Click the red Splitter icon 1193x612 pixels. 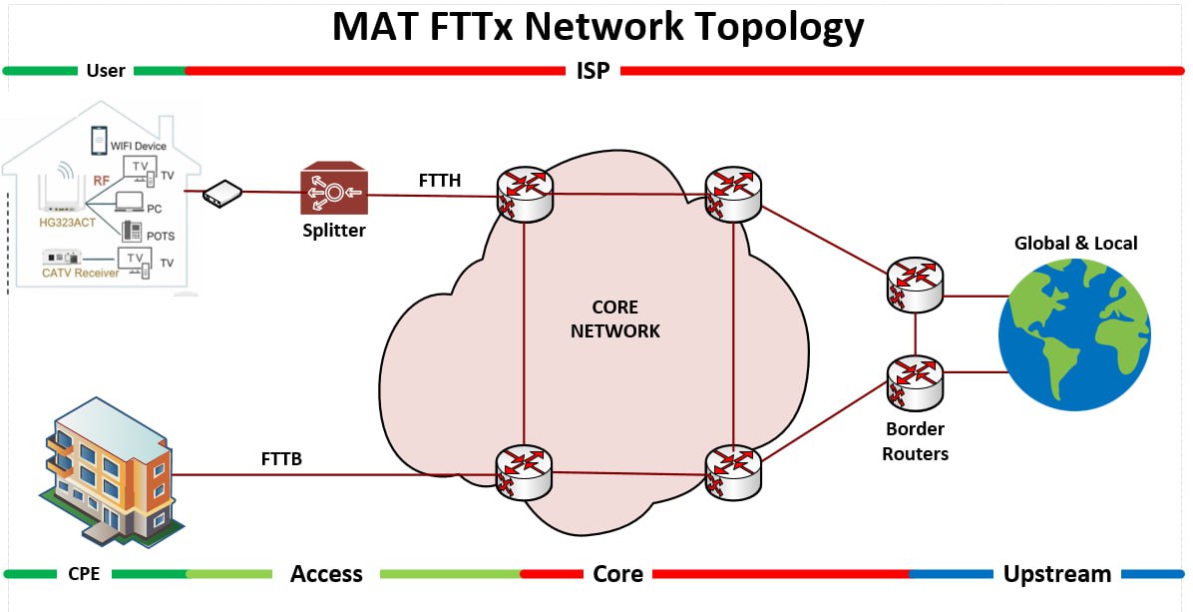click(x=334, y=190)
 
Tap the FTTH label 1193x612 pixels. click(x=440, y=180)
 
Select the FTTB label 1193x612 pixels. click(x=281, y=459)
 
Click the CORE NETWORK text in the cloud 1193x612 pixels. click(x=614, y=319)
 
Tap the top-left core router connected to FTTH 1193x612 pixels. click(x=524, y=194)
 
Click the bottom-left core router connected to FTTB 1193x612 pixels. click(x=524, y=471)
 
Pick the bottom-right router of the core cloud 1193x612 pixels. click(x=733, y=471)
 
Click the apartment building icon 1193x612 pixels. click(x=105, y=477)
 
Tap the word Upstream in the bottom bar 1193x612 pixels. click(x=1056, y=574)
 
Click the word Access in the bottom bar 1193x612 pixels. click(x=326, y=574)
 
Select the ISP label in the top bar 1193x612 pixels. click(x=593, y=71)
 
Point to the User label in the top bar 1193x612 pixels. click(x=106, y=71)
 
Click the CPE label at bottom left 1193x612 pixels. click(x=84, y=574)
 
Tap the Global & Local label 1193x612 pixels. click(x=1075, y=243)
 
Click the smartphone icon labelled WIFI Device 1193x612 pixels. click(x=99, y=140)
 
